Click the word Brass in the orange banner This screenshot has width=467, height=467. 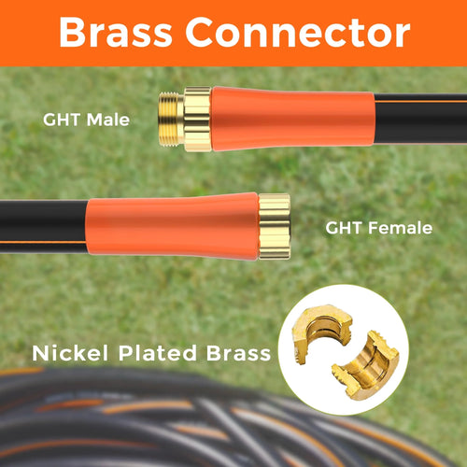116,33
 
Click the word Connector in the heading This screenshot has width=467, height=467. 298,33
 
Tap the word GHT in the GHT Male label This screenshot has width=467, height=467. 62,120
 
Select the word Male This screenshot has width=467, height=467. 107,120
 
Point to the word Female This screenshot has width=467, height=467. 401,228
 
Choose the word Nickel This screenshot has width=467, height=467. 70,353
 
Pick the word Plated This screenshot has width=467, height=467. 157,353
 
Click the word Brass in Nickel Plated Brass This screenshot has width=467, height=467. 238,353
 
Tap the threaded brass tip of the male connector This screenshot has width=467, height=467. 171,119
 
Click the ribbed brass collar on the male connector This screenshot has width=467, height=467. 198,120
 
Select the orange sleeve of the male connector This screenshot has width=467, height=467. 292,120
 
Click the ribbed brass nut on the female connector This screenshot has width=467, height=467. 275,226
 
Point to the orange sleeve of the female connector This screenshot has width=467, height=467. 172,226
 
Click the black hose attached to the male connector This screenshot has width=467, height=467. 420,119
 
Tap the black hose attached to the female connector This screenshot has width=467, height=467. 43,227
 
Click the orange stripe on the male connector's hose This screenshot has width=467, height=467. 420,101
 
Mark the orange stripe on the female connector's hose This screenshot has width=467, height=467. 43,243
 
